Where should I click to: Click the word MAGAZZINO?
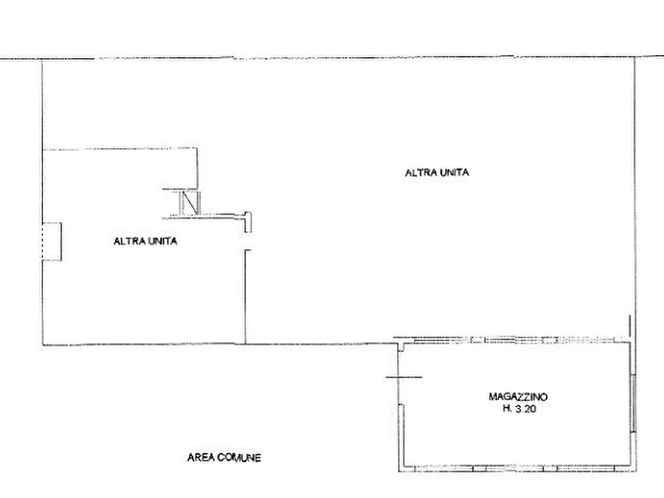click(x=518, y=397)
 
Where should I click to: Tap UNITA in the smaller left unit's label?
click(x=162, y=241)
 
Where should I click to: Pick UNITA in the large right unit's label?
click(x=454, y=172)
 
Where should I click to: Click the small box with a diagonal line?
click(x=190, y=203)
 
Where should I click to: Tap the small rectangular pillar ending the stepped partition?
click(x=248, y=222)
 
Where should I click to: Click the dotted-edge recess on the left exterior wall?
click(x=52, y=242)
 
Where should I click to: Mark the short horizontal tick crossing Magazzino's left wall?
click(x=404, y=377)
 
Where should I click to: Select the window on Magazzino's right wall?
click(x=634, y=403)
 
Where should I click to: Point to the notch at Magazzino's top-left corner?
click(x=401, y=347)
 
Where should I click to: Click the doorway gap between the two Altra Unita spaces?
click(x=246, y=242)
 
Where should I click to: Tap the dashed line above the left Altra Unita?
click(x=120, y=149)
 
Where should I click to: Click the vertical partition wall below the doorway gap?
click(x=245, y=297)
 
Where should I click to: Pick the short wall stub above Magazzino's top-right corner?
click(x=630, y=326)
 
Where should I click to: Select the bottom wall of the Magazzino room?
click(x=517, y=469)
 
